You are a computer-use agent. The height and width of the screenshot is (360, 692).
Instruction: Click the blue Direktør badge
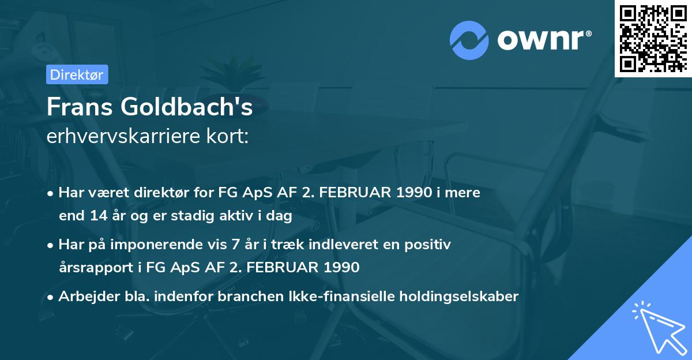(77, 74)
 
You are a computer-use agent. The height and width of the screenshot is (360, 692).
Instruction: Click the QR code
(653, 39)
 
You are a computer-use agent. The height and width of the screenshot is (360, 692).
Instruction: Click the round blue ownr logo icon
(470, 40)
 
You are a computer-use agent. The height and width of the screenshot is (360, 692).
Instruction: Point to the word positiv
(431, 245)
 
